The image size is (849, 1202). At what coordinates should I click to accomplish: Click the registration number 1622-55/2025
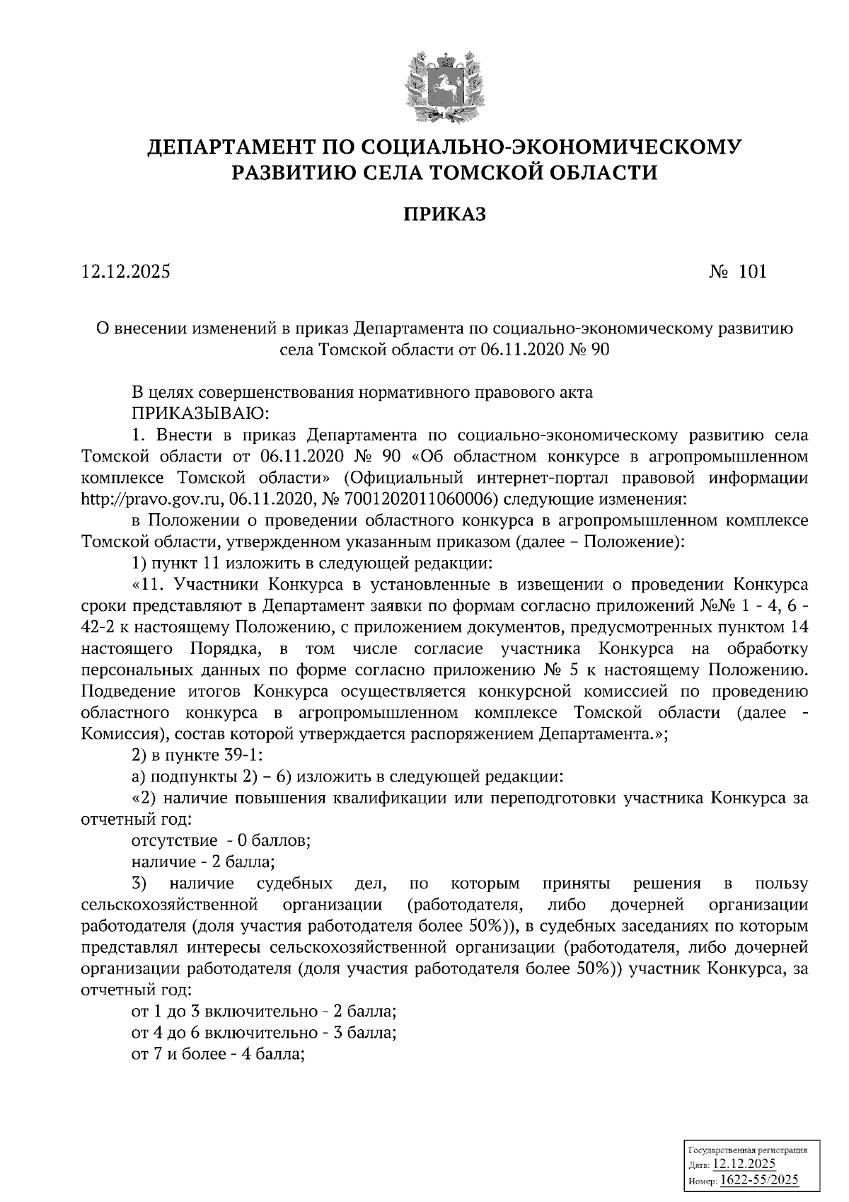758,1179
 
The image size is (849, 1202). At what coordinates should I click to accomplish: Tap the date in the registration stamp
744,1164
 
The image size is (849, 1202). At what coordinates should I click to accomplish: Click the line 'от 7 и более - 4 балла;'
219,1053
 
